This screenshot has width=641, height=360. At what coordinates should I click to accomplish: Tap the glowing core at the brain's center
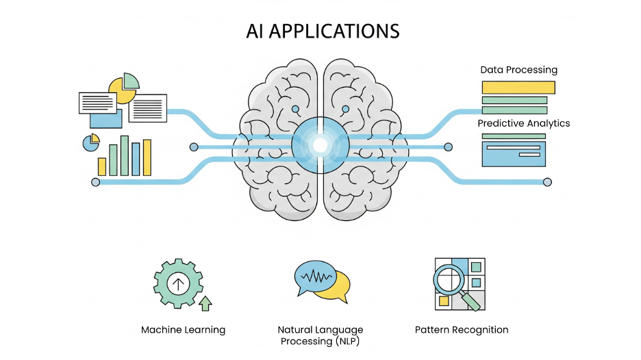click(320, 144)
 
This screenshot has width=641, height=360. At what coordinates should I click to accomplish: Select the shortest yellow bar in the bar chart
click(102, 167)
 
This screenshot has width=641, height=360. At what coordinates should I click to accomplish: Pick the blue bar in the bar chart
click(136, 159)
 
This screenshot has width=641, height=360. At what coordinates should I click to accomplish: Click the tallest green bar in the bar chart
click(124, 155)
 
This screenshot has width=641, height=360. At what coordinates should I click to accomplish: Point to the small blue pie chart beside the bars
click(90, 142)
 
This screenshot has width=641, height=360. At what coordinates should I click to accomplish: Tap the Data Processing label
click(518, 70)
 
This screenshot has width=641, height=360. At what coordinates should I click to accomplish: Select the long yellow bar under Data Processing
click(518, 87)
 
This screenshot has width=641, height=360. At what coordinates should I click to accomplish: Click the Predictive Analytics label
click(523, 124)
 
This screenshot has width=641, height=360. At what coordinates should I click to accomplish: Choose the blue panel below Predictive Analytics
click(514, 153)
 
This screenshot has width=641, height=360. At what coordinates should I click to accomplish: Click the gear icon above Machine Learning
click(178, 283)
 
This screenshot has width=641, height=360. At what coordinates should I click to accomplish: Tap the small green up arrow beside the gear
click(205, 303)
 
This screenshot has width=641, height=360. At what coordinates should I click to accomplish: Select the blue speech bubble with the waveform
click(314, 277)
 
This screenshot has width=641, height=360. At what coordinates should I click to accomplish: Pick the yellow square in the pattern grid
click(444, 300)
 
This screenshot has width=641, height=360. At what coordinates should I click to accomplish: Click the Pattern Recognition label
click(462, 330)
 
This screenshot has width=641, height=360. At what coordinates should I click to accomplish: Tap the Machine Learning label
click(183, 330)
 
